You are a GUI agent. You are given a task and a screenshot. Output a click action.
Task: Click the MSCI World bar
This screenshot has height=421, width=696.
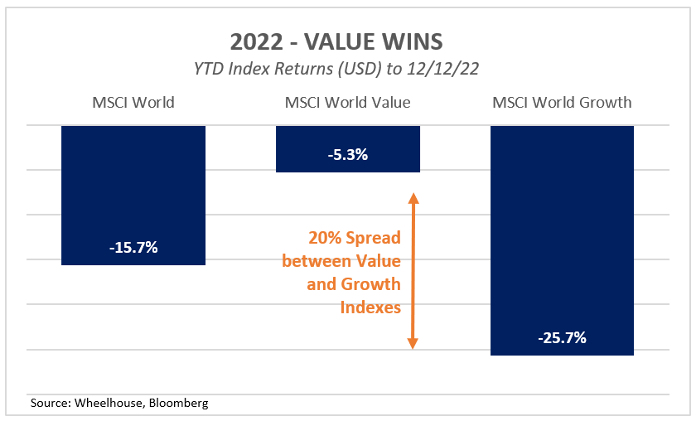point(133,195)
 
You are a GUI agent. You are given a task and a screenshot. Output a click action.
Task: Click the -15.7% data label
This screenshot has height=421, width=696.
point(133,247)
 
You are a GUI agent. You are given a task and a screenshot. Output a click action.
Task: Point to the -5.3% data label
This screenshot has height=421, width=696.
point(347,154)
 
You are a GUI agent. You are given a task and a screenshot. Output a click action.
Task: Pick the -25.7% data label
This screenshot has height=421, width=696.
point(562,337)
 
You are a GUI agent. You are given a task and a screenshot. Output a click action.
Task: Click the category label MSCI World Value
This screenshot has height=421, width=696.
point(347,103)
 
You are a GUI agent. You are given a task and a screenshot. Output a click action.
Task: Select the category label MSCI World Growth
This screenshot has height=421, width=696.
point(562,103)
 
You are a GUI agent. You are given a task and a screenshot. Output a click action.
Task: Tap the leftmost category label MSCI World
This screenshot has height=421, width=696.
point(133,103)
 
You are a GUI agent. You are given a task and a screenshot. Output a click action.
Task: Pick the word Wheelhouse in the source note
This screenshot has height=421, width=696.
point(107,404)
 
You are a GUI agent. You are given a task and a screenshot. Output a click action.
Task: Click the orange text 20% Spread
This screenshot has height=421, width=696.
point(354,238)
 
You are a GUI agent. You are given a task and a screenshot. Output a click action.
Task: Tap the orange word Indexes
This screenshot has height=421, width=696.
point(370,307)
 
